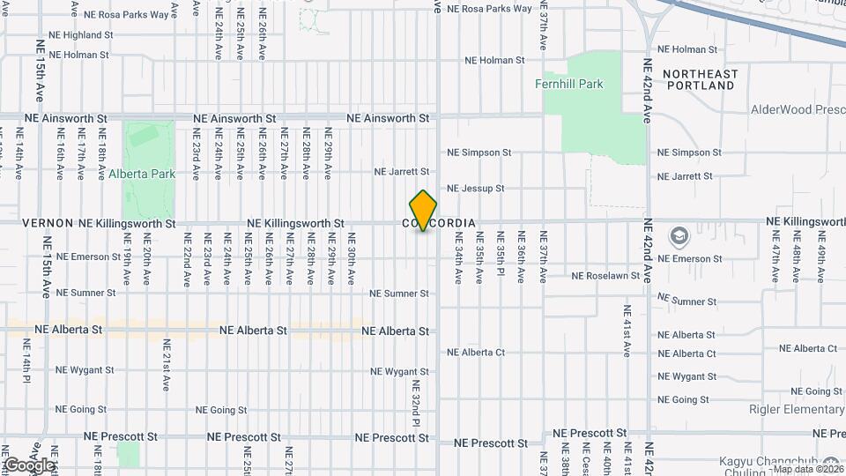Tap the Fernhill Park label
point(569,85)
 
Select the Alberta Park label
point(142,174)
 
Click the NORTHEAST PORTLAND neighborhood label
point(701,79)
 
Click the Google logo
point(28,465)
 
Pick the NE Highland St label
point(81,35)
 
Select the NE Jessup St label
point(475,189)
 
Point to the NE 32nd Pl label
point(415,403)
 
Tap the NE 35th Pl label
point(500,257)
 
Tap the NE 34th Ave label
point(458,257)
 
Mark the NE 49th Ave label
point(819,257)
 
